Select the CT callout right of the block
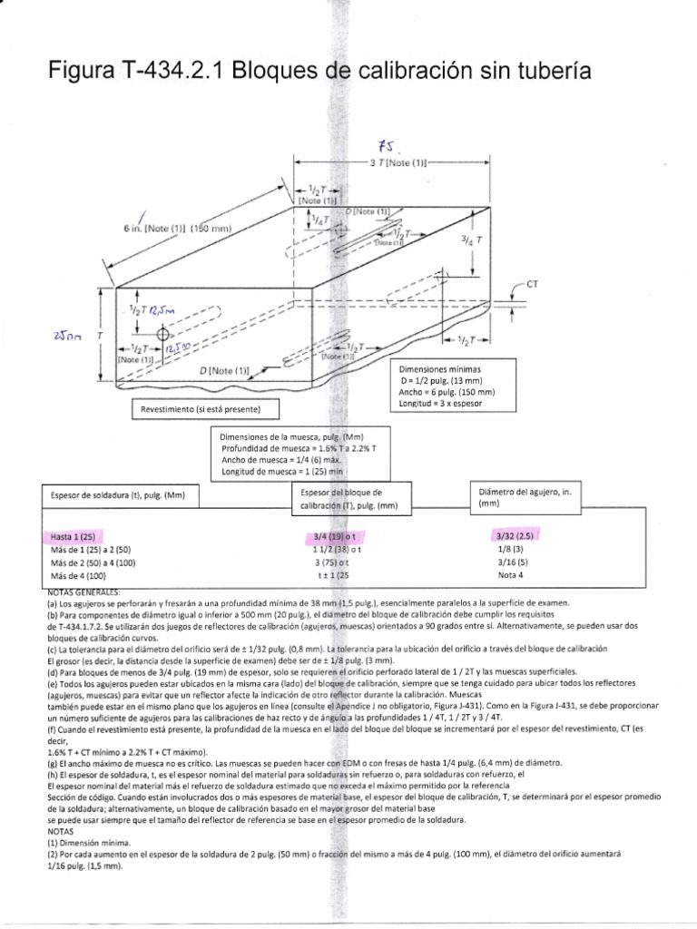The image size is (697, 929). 533,284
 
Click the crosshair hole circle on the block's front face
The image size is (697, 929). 165,334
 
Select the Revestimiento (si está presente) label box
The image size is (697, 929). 201,410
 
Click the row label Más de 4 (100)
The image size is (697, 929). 79,575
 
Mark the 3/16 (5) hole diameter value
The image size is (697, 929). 511,562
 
